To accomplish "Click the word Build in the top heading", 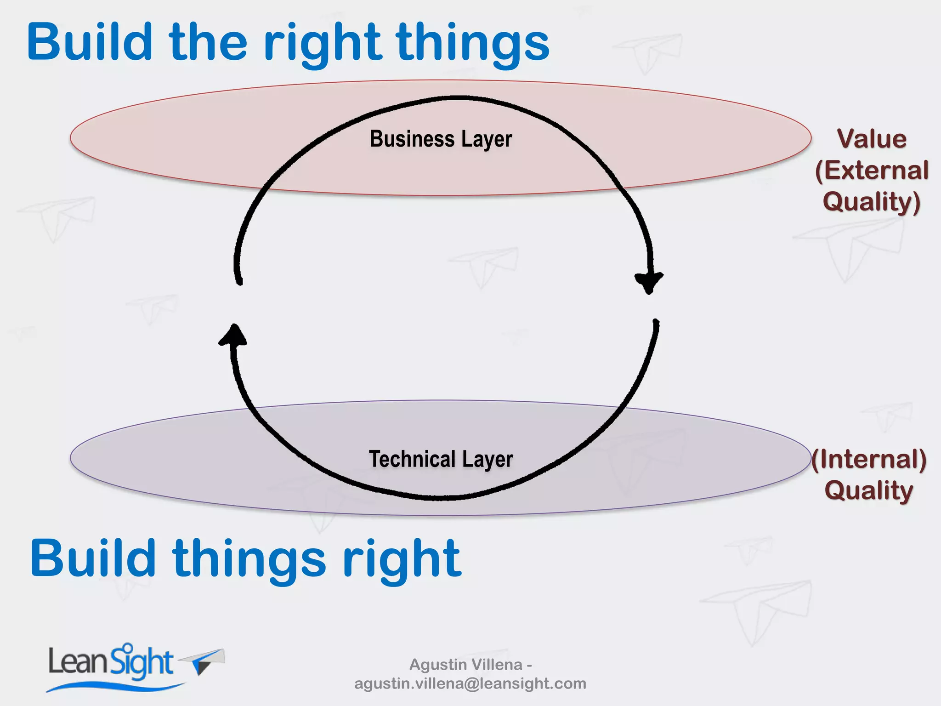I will coord(90,42).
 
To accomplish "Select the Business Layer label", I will coord(441,139).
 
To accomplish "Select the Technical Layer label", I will coord(441,459).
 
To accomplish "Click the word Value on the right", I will coord(872,139).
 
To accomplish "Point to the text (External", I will coord(872,171).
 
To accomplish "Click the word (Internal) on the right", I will coord(868,459).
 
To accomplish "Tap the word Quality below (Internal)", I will coord(868,490).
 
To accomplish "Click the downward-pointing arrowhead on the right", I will coord(649,281).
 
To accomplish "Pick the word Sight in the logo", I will coord(142,662).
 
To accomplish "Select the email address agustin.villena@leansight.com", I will coord(470,683).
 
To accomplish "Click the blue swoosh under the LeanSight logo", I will coord(115,687).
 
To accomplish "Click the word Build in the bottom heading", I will coord(92,559).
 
